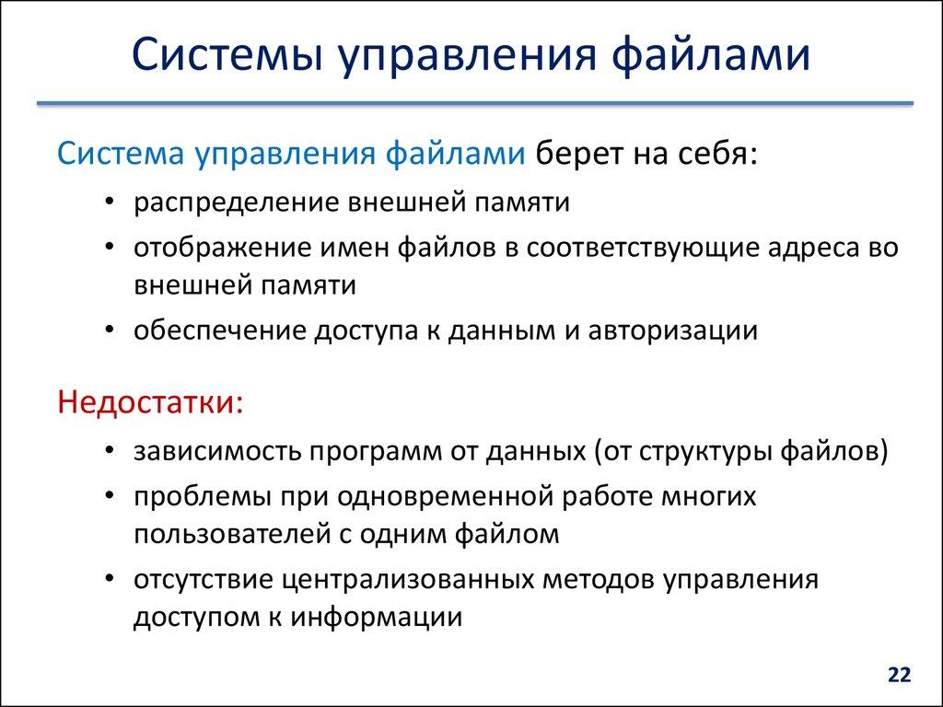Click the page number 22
(899, 675)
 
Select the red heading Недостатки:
(151, 402)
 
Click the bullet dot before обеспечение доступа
(111, 331)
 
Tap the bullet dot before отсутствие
(111, 582)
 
